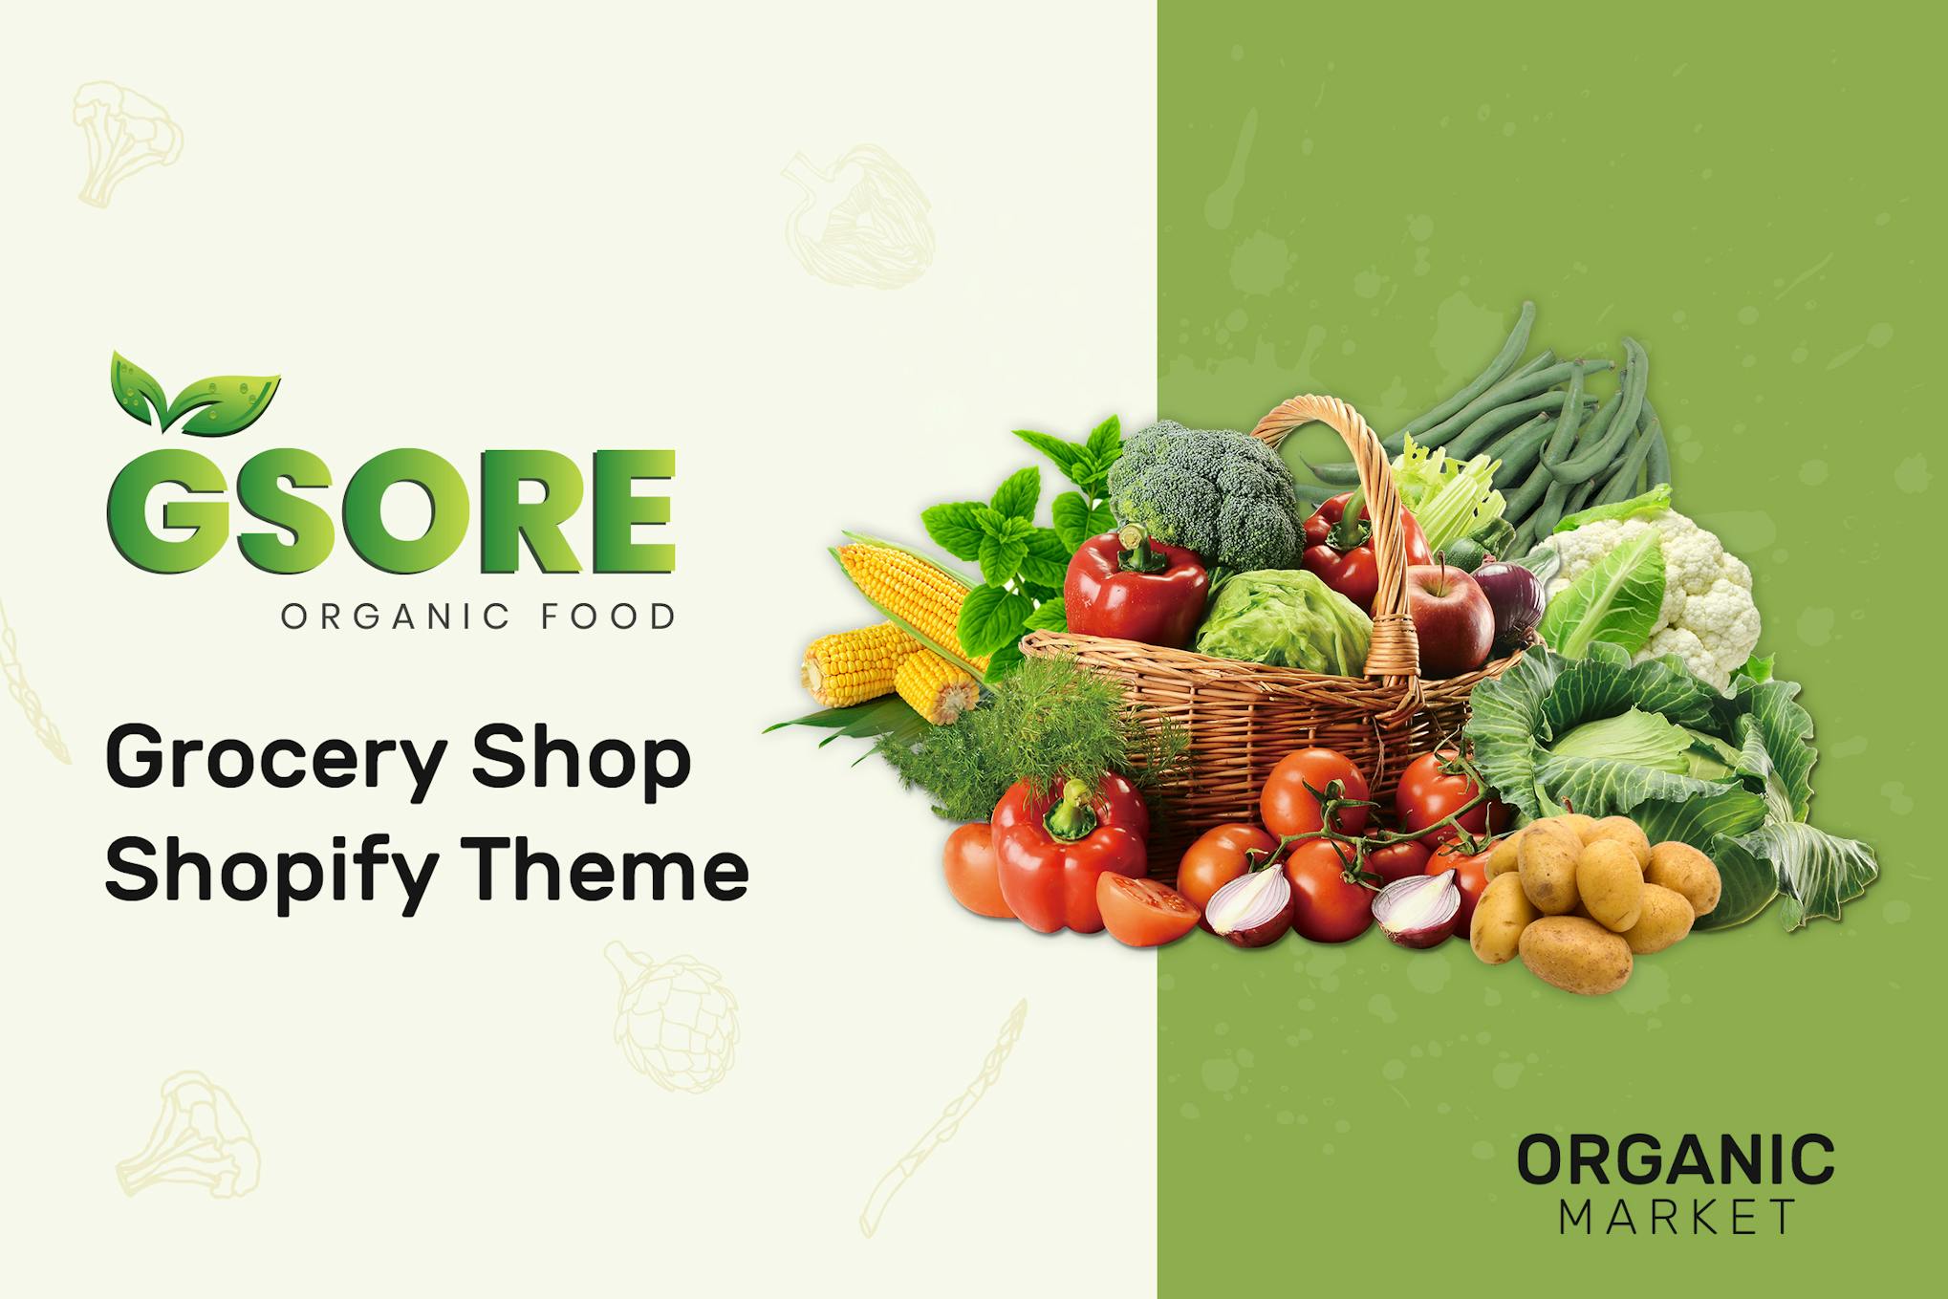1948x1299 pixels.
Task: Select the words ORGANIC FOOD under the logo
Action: [x=479, y=617]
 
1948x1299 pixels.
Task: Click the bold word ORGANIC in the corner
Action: [x=1676, y=1159]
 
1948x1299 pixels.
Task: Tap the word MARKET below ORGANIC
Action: [x=1677, y=1217]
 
